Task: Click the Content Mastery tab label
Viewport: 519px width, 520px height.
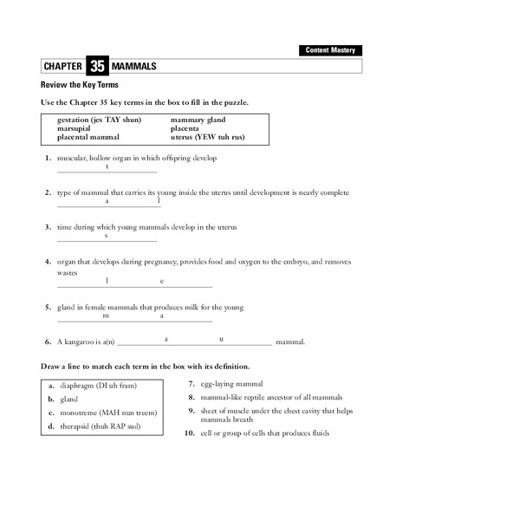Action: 330,50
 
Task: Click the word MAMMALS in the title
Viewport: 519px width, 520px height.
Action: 135,67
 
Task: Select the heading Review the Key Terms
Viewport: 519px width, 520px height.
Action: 80,85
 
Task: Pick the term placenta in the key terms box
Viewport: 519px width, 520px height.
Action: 190,128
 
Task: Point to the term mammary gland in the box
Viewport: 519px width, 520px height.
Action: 198,120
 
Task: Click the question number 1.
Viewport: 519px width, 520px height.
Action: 47,159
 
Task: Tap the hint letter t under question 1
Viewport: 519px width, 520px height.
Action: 107,166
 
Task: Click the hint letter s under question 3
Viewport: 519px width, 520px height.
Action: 106,236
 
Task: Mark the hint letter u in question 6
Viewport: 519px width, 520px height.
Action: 222,338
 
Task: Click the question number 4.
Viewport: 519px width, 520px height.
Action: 47,261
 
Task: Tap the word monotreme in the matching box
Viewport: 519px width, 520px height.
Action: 81,413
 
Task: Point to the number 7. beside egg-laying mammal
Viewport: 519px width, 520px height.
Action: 191,384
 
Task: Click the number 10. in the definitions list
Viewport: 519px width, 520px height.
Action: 188,433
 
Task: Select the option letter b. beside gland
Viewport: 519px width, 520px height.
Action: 51,400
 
